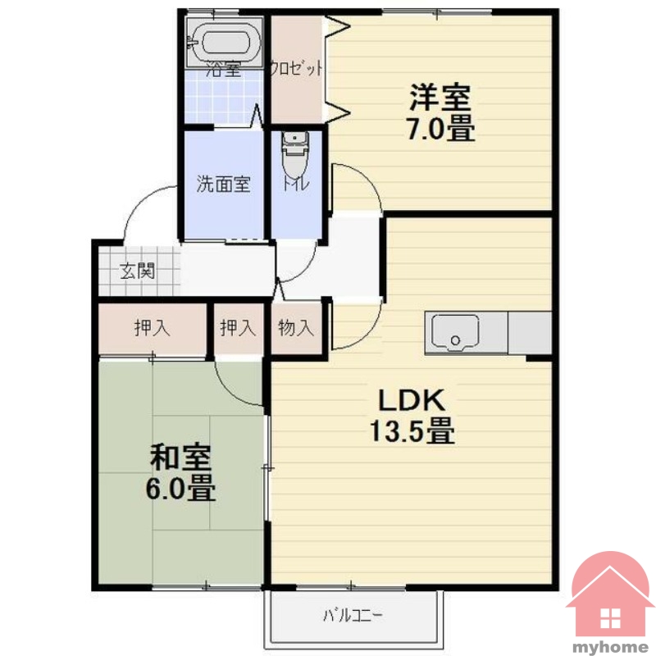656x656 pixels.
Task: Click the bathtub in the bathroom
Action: point(224,43)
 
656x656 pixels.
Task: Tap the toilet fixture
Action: point(295,156)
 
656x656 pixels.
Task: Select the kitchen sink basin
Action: point(455,332)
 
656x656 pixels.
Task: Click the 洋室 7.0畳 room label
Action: point(440,112)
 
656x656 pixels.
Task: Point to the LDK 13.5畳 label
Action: point(412,416)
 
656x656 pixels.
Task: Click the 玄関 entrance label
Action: point(138,271)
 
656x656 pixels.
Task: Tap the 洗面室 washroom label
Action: point(224,184)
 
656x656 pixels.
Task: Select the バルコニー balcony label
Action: point(353,616)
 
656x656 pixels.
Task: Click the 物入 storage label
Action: point(296,327)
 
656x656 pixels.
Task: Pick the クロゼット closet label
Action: point(296,68)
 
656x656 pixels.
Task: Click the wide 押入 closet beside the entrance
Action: point(153,329)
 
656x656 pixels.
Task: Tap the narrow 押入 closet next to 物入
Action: point(239,329)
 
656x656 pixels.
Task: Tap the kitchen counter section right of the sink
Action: point(530,333)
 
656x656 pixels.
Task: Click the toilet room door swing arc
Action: point(307,268)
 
